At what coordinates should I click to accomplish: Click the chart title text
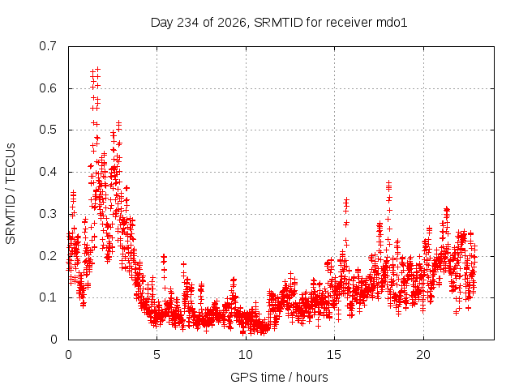pyautogui.click(x=279, y=23)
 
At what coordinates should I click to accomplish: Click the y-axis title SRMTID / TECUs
pyautogui.click(x=11, y=194)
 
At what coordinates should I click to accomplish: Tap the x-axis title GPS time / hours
pyautogui.click(x=279, y=377)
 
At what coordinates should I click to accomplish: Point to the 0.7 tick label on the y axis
pyautogui.click(x=48, y=46)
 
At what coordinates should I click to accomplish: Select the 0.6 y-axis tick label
pyautogui.click(x=48, y=88)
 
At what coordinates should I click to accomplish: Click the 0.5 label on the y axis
pyautogui.click(x=48, y=130)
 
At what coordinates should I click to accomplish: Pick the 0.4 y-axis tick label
pyautogui.click(x=48, y=172)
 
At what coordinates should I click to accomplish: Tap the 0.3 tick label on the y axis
pyautogui.click(x=48, y=214)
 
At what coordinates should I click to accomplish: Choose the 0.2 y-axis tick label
pyautogui.click(x=48, y=256)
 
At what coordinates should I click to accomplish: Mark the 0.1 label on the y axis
pyautogui.click(x=48, y=297)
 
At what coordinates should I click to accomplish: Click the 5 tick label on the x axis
pyautogui.click(x=157, y=355)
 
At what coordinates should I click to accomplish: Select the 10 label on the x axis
pyautogui.click(x=246, y=355)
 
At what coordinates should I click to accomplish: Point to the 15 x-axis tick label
pyautogui.click(x=334, y=355)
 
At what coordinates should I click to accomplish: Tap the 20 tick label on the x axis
pyautogui.click(x=423, y=355)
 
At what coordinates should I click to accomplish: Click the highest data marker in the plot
pyautogui.click(x=97, y=70)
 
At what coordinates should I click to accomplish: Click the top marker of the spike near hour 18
pyautogui.click(x=389, y=182)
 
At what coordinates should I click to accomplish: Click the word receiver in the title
pyautogui.click(x=350, y=23)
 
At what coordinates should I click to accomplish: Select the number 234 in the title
pyautogui.click(x=188, y=23)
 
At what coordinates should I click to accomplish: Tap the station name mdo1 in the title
pyautogui.click(x=392, y=23)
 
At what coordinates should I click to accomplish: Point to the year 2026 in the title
pyautogui.click(x=232, y=24)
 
